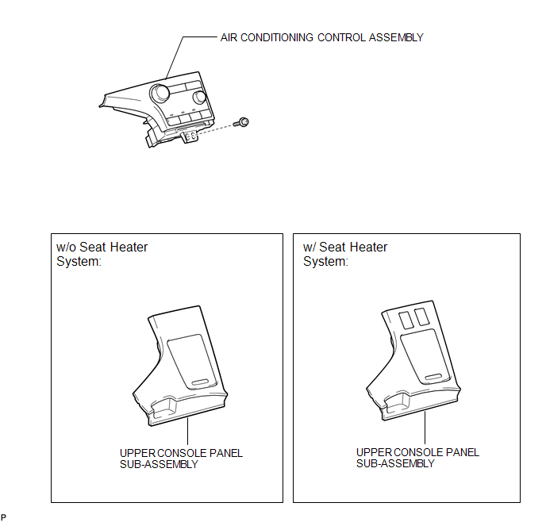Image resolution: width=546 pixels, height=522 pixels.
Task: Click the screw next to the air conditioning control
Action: pos(242,122)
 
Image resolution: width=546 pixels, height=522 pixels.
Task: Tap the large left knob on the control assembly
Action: pos(160,93)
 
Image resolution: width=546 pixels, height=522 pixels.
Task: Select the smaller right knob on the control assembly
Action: pos(199,97)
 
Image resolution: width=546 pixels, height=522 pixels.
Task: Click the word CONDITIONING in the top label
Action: pos(277,37)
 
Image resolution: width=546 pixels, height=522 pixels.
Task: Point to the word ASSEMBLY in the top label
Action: pos(396,37)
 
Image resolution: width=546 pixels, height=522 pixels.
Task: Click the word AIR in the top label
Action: pos(229,37)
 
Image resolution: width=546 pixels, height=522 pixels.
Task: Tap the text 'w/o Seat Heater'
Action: pos(102,247)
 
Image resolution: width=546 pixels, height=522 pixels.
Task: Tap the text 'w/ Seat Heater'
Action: pos(345,247)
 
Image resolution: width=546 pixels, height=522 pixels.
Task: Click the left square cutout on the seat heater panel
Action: pos(406,320)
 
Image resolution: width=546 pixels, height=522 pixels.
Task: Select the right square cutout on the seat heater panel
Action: pos(421,317)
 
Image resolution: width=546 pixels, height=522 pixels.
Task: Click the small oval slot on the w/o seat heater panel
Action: pos(199,382)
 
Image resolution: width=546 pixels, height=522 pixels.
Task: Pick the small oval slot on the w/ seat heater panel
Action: pos(433,377)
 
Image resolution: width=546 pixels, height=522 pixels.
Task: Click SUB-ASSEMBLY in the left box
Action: pos(159,464)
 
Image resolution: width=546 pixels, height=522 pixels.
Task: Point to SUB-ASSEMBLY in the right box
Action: pos(395,463)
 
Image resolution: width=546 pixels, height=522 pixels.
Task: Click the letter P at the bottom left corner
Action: pos(3,517)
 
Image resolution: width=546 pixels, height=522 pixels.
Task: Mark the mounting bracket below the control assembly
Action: pos(190,136)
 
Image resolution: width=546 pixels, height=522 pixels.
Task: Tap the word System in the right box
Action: pos(325,261)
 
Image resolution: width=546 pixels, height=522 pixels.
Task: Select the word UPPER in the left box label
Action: pos(137,453)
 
